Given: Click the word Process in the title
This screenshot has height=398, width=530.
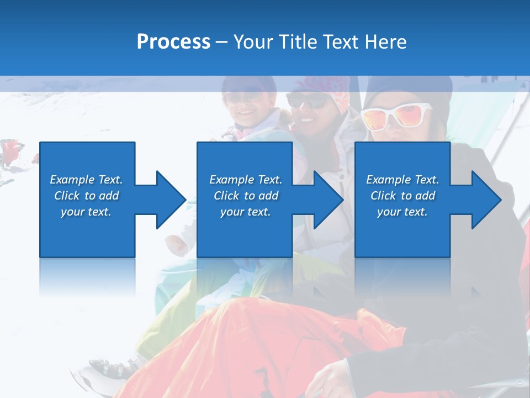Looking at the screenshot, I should [x=173, y=41].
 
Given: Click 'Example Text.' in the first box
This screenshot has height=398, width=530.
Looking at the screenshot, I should [x=86, y=180].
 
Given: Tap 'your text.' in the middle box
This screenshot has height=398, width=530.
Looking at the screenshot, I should [x=245, y=212].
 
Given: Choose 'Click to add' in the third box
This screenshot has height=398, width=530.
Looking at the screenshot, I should [x=403, y=196].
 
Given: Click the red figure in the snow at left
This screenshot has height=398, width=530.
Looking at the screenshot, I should [x=12, y=150].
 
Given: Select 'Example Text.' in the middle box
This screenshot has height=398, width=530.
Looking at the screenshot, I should [x=245, y=180].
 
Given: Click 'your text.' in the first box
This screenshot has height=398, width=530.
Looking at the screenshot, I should [x=86, y=212].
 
